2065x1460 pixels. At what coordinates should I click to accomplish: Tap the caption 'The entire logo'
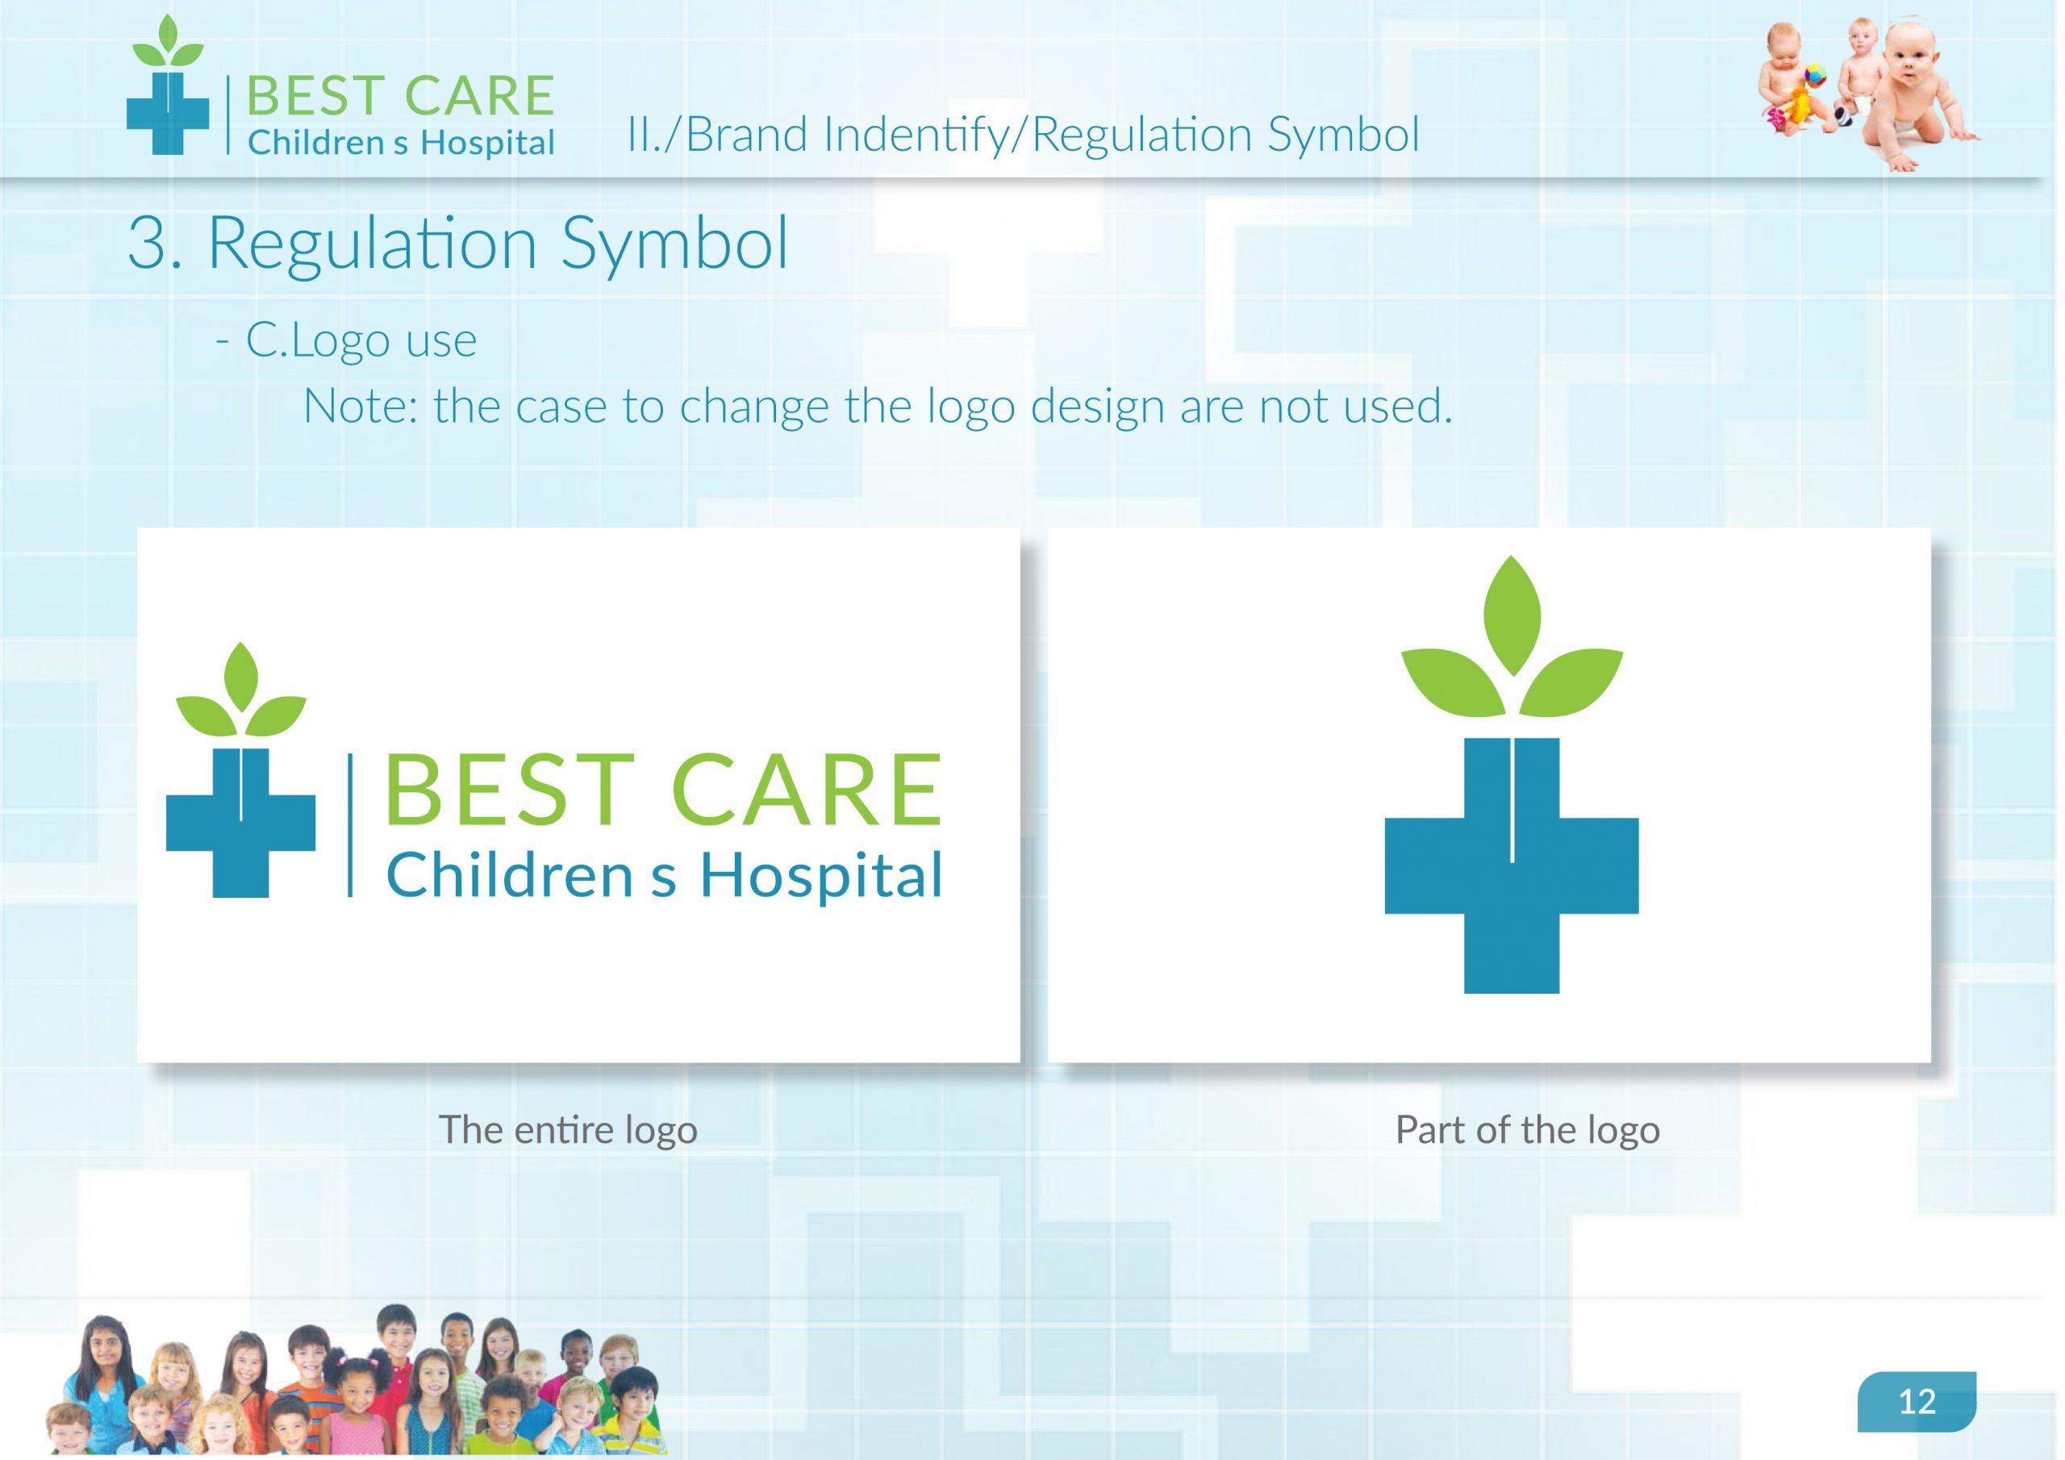[569, 1129]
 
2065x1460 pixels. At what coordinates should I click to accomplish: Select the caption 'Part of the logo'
[1527, 1129]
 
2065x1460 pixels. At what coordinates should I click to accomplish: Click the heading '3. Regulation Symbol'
[458, 243]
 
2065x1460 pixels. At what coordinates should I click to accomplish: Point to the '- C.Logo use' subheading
[346, 340]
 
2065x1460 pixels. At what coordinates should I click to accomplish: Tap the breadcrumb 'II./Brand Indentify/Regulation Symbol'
[1024, 135]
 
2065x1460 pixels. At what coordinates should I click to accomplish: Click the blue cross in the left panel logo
[241, 821]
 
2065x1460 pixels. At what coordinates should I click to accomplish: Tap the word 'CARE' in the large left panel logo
[807, 790]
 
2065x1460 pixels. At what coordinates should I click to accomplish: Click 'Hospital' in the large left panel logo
[821, 876]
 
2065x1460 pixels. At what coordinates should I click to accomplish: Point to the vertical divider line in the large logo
[350, 826]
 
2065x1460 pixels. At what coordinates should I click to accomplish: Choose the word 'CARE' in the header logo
[479, 96]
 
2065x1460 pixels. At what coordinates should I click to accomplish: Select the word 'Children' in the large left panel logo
[510, 875]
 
